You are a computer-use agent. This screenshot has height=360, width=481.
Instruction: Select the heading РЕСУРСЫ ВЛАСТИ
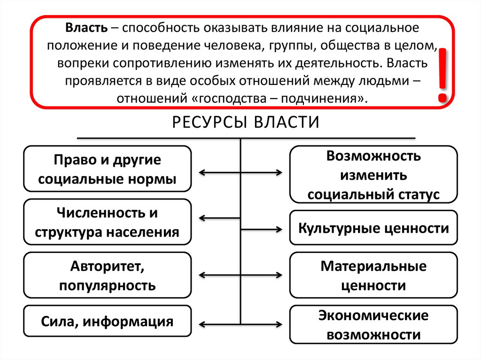(x=246, y=123)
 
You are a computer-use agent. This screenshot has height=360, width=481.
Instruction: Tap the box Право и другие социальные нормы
(x=107, y=169)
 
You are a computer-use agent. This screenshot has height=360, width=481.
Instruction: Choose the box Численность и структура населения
(x=107, y=222)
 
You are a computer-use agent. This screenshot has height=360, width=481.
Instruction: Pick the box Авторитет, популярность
(x=107, y=275)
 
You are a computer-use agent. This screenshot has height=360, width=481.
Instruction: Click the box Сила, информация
(x=107, y=322)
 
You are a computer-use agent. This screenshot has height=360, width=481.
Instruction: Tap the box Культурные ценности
(x=373, y=228)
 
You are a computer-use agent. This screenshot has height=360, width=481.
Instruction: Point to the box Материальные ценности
(x=373, y=275)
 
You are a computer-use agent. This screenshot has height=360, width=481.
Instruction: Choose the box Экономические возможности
(x=373, y=325)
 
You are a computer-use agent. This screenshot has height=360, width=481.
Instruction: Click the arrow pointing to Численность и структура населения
(x=220, y=218)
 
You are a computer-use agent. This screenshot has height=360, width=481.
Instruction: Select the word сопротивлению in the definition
(x=159, y=63)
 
